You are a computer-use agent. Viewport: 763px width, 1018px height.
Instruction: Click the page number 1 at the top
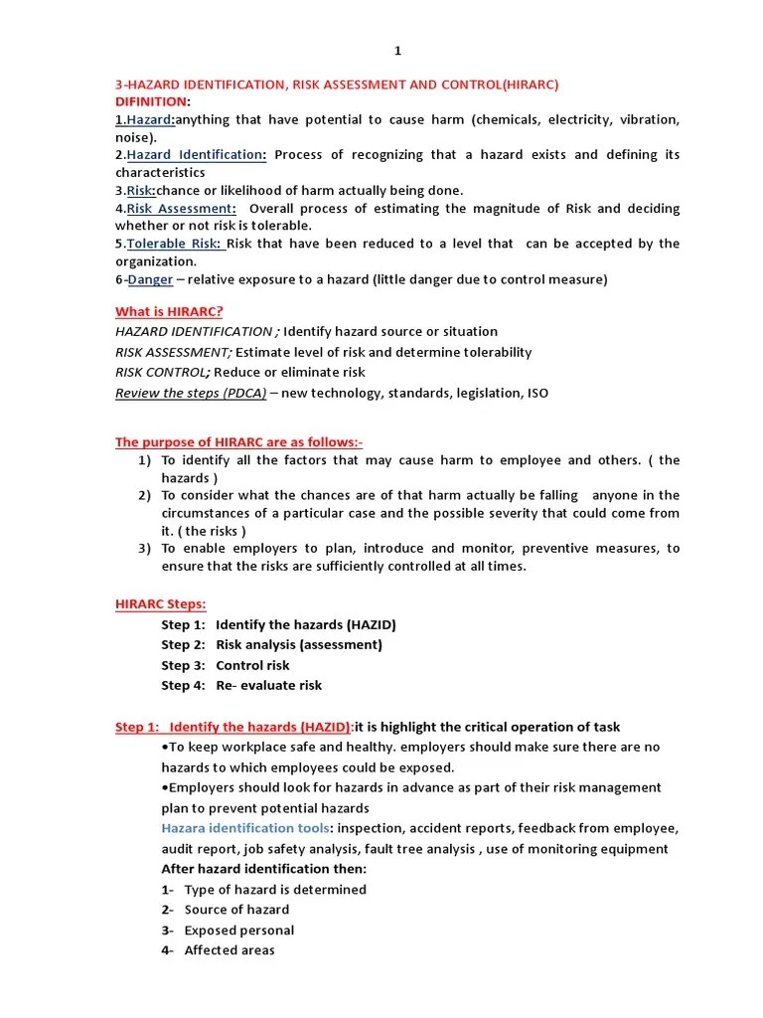click(x=398, y=52)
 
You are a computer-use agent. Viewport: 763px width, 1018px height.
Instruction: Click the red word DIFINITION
click(x=150, y=101)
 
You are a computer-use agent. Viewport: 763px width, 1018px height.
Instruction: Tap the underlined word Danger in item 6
click(x=150, y=279)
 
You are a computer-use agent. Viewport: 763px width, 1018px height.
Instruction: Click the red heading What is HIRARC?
click(x=169, y=311)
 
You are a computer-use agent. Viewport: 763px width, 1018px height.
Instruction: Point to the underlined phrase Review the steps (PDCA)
click(x=191, y=393)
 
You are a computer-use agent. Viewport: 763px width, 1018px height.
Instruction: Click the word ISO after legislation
click(x=536, y=393)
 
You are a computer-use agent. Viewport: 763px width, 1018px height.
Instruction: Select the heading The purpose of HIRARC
click(x=238, y=442)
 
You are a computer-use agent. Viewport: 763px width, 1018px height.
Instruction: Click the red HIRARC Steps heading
click(x=160, y=603)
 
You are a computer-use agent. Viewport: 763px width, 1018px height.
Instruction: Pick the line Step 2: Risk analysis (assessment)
click(x=271, y=644)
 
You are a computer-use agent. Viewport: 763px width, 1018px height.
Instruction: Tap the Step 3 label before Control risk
click(x=184, y=665)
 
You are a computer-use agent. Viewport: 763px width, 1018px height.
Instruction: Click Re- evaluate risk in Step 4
click(x=268, y=685)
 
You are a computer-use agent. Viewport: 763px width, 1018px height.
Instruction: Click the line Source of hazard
click(x=236, y=910)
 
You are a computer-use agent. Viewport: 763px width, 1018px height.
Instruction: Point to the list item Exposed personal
click(x=238, y=931)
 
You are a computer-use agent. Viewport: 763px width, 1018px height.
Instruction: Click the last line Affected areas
click(x=229, y=950)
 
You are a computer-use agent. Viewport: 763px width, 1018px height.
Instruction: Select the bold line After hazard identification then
click(x=264, y=869)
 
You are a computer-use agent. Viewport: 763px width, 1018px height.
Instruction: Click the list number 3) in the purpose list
click(x=145, y=548)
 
